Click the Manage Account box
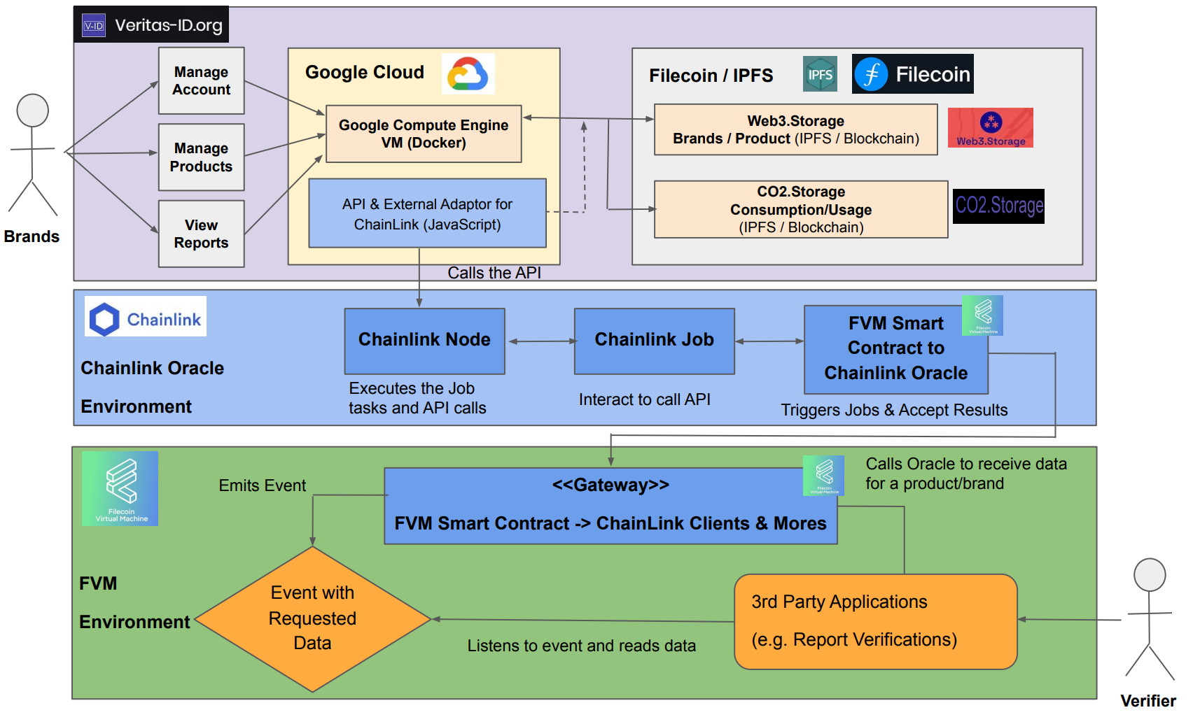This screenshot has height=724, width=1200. click(x=202, y=81)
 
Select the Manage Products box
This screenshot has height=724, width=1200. click(x=202, y=157)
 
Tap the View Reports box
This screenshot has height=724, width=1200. click(x=202, y=234)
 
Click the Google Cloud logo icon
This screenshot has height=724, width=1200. click(x=468, y=74)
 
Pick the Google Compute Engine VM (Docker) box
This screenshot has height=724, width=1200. click(x=424, y=134)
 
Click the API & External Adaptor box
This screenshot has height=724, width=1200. click(x=427, y=213)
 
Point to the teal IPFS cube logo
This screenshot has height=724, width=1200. click(x=820, y=74)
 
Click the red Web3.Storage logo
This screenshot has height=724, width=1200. click(x=990, y=127)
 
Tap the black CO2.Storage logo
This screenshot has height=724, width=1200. click(x=998, y=206)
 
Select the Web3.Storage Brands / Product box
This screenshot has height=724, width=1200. click(x=795, y=129)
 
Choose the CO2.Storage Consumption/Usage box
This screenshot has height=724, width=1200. click(x=801, y=209)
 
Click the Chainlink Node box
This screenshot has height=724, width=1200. click(x=424, y=341)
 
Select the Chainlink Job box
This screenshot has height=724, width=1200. click(x=654, y=341)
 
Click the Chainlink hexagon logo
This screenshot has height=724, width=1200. click(x=104, y=320)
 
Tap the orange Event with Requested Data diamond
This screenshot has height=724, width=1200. click(x=312, y=618)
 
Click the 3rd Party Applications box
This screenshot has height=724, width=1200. click(x=875, y=621)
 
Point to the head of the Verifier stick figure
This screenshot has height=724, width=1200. click(x=1150, y=575)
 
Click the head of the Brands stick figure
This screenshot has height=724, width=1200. click(x=33, y=111)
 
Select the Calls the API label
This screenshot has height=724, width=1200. click(x=494, y=274)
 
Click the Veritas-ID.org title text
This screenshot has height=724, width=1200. click(x=168, y=26)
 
